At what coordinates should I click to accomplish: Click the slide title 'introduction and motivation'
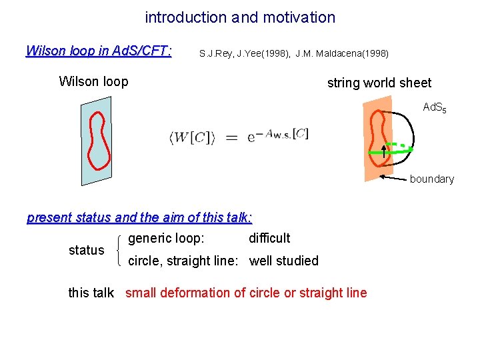(240, 17)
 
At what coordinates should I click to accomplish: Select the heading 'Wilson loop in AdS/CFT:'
(99, 51)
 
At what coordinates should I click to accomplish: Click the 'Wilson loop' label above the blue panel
(93, 81)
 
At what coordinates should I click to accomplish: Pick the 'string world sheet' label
(379, 83)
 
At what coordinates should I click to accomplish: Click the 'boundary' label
(431, 179)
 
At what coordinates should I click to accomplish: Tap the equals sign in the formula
(230, 138)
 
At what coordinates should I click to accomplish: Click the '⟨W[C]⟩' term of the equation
(191, 138)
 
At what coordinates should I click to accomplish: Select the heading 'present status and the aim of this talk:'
(139, 217)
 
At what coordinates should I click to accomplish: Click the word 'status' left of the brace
(87, 250)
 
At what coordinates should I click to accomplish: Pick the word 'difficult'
(269, 238)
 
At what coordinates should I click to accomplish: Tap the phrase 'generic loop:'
(166, 238)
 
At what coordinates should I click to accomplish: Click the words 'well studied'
(284, 261)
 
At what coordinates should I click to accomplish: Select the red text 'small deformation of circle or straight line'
(246, 293)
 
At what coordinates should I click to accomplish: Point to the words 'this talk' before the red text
(91, 293)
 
